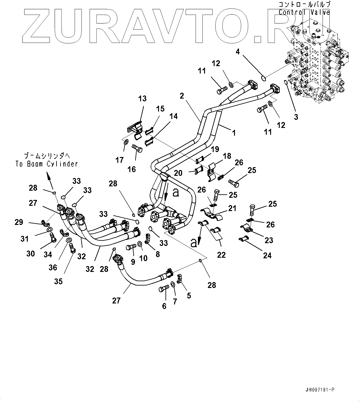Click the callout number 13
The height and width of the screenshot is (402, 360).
[142, 99]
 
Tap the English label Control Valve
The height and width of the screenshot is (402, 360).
[304, 12]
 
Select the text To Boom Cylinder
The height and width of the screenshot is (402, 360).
[47, 164]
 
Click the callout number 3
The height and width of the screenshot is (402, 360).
[296, 117]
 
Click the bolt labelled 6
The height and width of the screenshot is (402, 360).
[163, 290]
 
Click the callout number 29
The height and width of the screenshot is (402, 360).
[19, 222]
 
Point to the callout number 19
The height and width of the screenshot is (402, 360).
[215, 150]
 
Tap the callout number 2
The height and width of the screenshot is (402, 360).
[182, 96]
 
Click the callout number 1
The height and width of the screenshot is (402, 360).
[234, 133]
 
